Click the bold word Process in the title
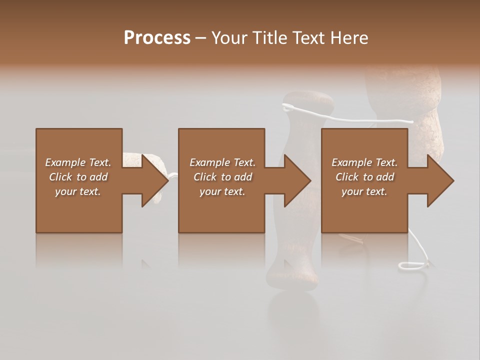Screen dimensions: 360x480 point(157,37)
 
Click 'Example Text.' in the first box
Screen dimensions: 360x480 point(78,162)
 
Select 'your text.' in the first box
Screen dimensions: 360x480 point(78,191)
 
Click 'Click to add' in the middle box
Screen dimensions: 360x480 point(222,177)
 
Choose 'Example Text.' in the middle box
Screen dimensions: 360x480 point(222,162)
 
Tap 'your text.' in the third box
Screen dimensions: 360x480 point(364,191)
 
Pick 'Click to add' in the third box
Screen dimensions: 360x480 point(364,177)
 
